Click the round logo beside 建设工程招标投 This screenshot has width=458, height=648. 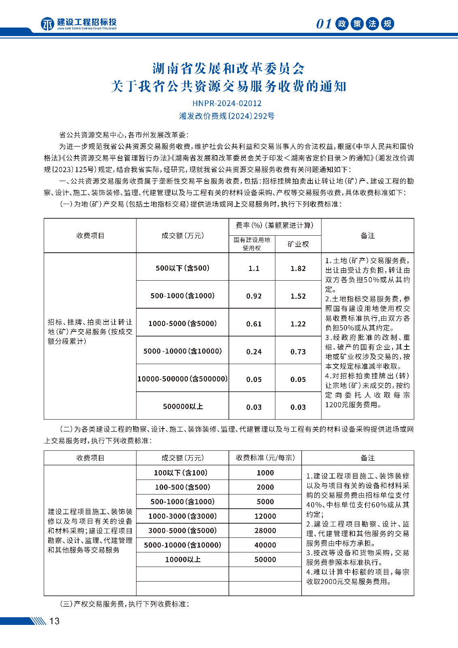point(47,24)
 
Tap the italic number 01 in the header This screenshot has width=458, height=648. point(324,24)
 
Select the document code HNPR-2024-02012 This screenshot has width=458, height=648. point(227,103)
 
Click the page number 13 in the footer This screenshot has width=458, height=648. point(54,621)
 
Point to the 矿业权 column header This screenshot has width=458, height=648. point(298,244)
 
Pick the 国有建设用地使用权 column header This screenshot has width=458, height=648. point(252,244)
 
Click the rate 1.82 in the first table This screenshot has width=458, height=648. point(298,269)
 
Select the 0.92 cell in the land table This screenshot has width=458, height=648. point(254,296)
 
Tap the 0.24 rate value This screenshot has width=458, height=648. point(254,352)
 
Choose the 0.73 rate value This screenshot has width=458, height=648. point(298,352)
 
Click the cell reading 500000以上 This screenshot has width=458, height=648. point(183,406)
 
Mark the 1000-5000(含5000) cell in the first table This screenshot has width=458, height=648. point(183,324)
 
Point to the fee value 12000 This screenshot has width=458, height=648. point(265,516)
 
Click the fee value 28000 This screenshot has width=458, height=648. point(265,531)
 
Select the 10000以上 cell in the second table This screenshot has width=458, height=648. point(183,559)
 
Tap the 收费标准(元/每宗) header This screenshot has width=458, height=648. point(265,458)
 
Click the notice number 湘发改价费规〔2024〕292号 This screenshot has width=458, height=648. point(227,116)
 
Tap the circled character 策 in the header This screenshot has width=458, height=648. point(357,24)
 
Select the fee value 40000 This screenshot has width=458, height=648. point(265,545)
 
